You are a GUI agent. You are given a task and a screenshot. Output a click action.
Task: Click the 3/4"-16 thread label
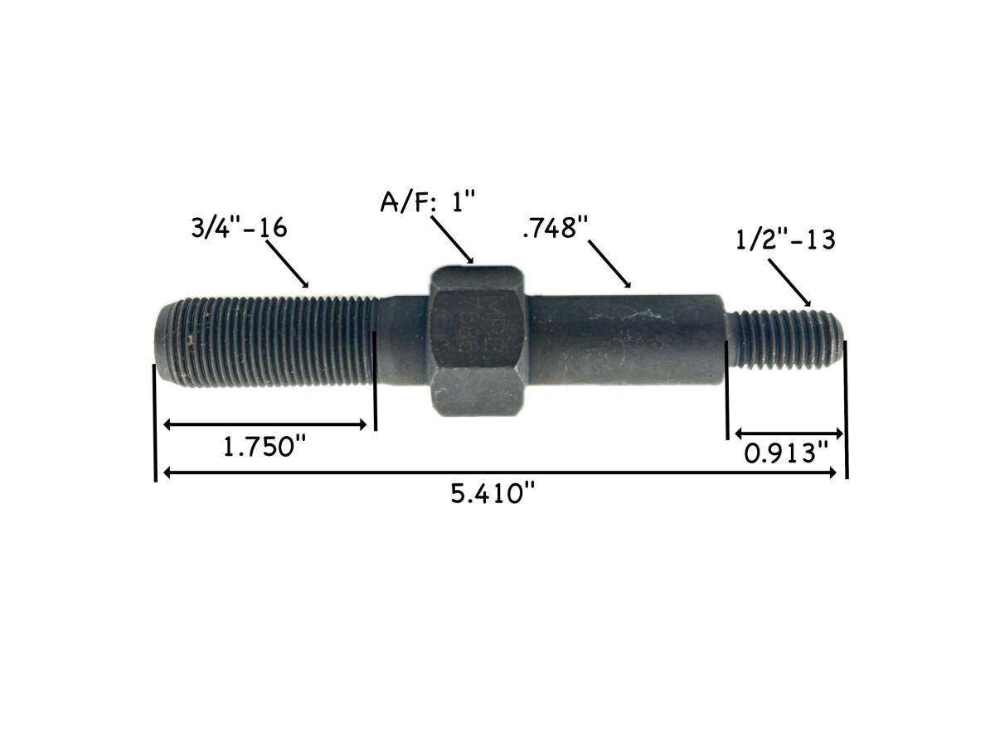click(x=239, y=227)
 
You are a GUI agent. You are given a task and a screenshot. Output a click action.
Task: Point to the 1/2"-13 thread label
click(x=785, y=240)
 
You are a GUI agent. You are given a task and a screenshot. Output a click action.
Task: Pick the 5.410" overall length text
click(x=492, y=495)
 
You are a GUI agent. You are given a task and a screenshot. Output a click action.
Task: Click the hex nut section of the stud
click(x=478, y=342)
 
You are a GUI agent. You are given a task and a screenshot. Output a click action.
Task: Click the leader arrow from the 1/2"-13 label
click(x=789, y=282)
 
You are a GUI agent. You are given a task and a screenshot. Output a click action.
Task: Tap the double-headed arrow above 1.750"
click(x=265, y=424)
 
